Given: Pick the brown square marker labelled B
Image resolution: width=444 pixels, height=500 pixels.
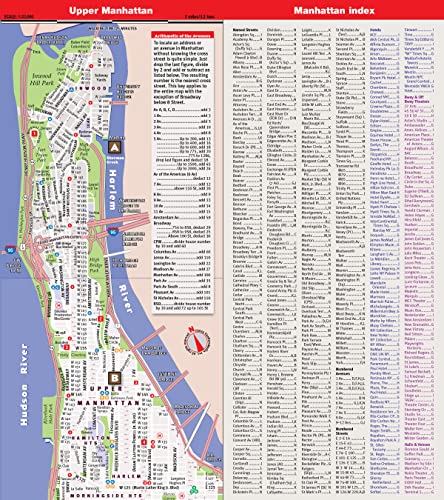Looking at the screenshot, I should pyautogui.click(x=116, y=349).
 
